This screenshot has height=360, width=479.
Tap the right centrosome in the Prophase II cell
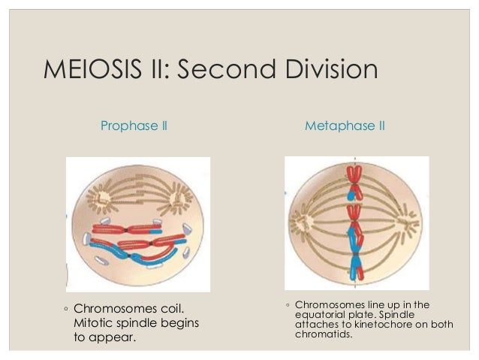point(181,196)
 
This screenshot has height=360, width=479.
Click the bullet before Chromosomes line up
point(288,305)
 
